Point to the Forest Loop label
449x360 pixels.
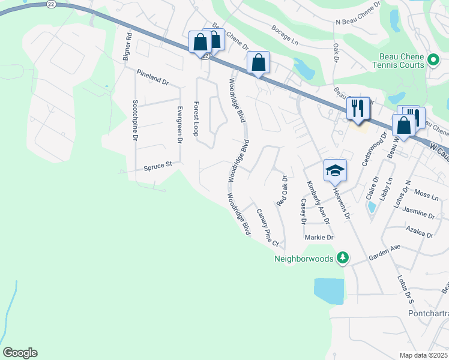[196, 119]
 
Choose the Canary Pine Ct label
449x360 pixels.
[268, 227]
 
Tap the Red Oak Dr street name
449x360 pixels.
[282, 191]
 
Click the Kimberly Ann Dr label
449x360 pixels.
[318, 202]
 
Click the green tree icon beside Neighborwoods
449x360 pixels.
[343, 258]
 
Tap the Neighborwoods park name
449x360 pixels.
[304, 259]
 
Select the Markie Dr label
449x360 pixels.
[319, 238]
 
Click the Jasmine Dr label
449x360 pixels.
[419, 213]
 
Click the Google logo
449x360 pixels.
[20, 353]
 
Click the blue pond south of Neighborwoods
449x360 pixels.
[329, 291]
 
